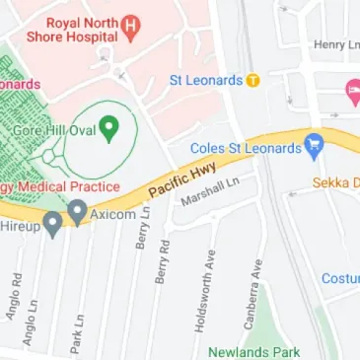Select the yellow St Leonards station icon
point(253,80)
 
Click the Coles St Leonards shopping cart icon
point(315,143)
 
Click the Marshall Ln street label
point(210,191)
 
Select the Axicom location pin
point(77,210)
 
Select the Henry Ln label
point(335,44)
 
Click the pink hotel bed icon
point(352,93)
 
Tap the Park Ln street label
point(76,333)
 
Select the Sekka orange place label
point(335,182)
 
